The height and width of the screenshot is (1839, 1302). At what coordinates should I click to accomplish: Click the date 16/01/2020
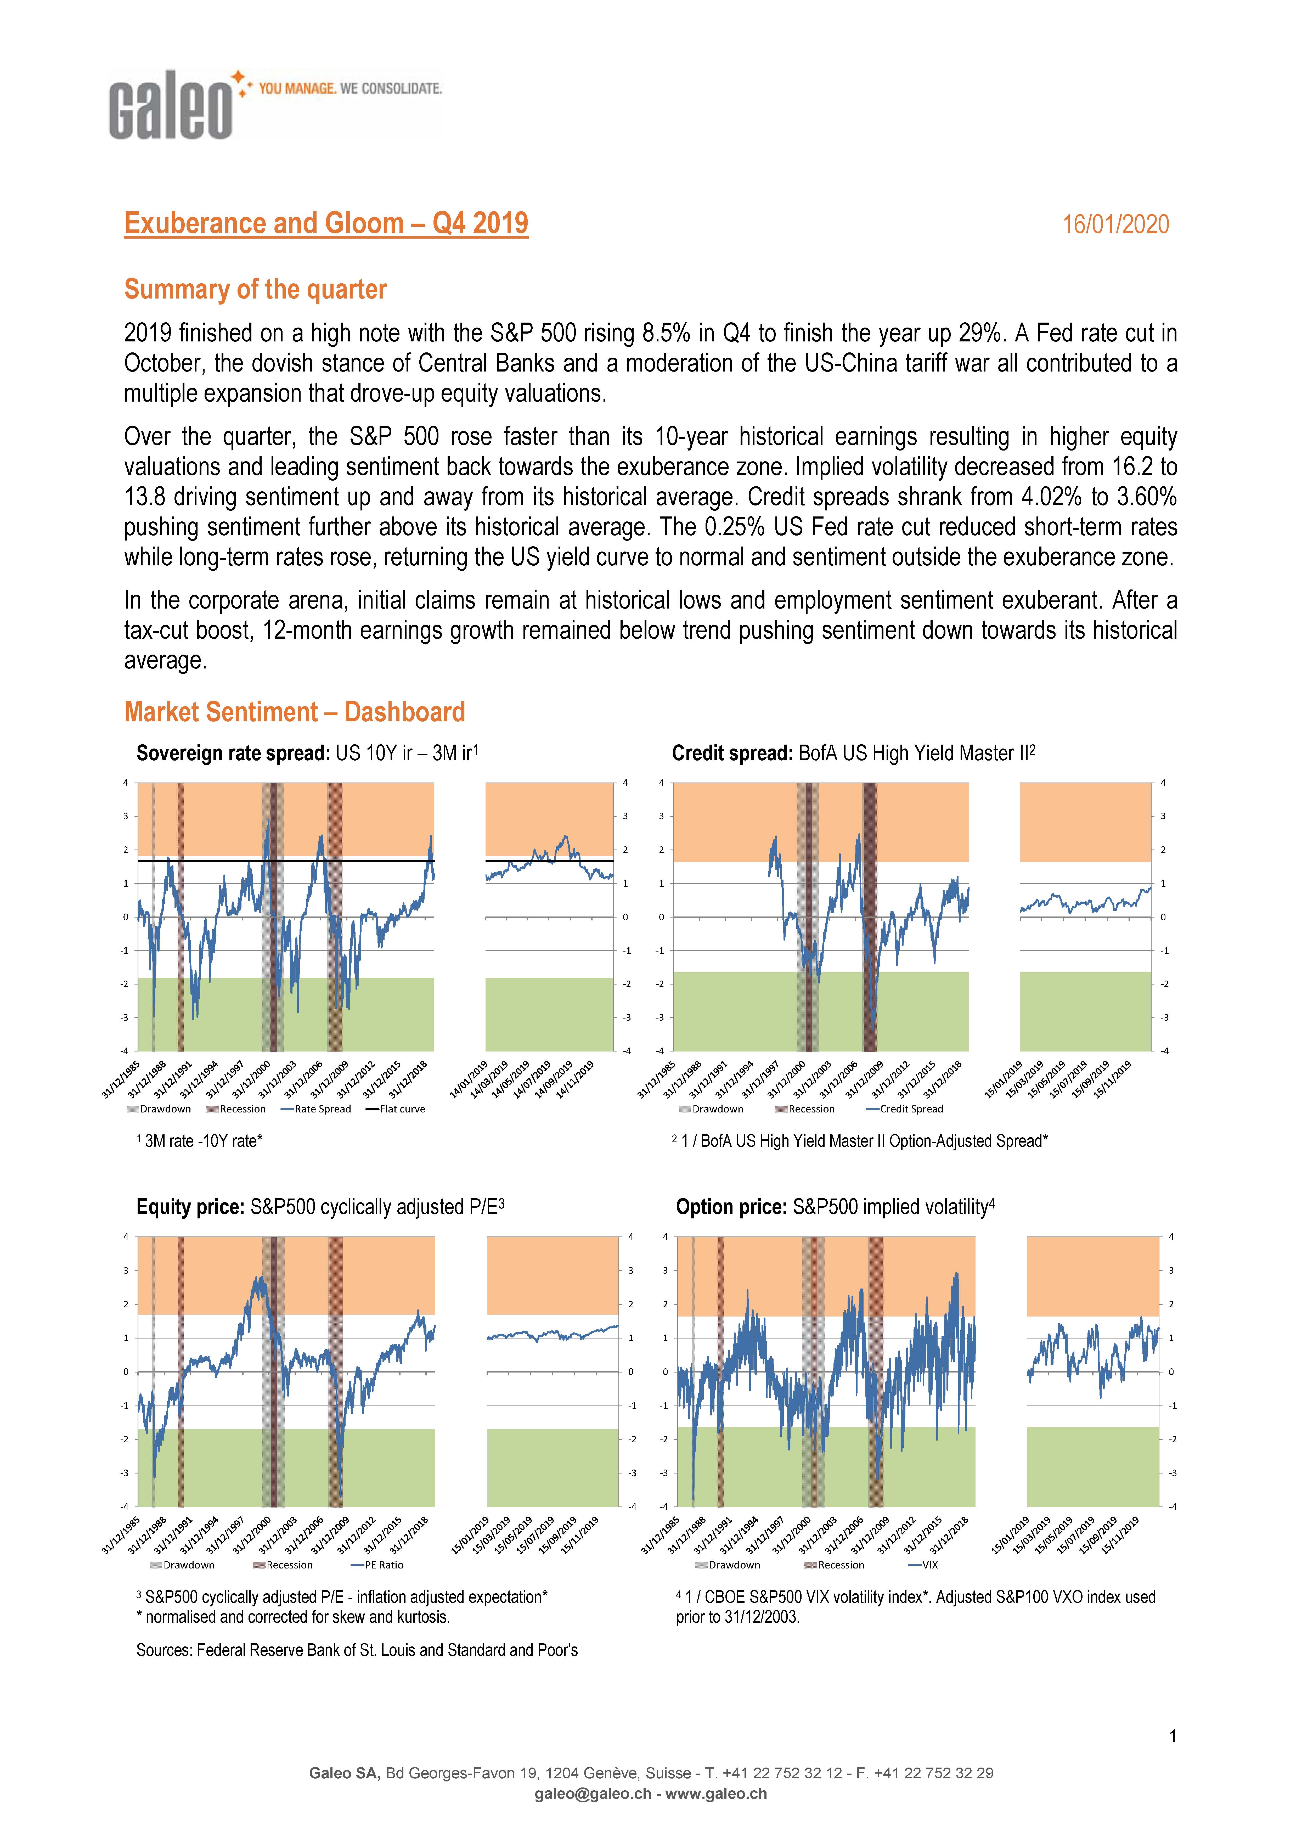[x=1115, y=224]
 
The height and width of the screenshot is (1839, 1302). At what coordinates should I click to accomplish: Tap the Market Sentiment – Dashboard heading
[x=294, y=712]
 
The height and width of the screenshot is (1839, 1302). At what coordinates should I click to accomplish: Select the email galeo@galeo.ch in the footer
[x=593, y=1794]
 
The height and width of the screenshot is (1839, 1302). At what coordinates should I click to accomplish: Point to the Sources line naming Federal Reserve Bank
[x=357, y=1650]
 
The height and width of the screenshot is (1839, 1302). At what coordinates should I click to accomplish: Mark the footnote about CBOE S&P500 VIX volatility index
[x=916, y=1606]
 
